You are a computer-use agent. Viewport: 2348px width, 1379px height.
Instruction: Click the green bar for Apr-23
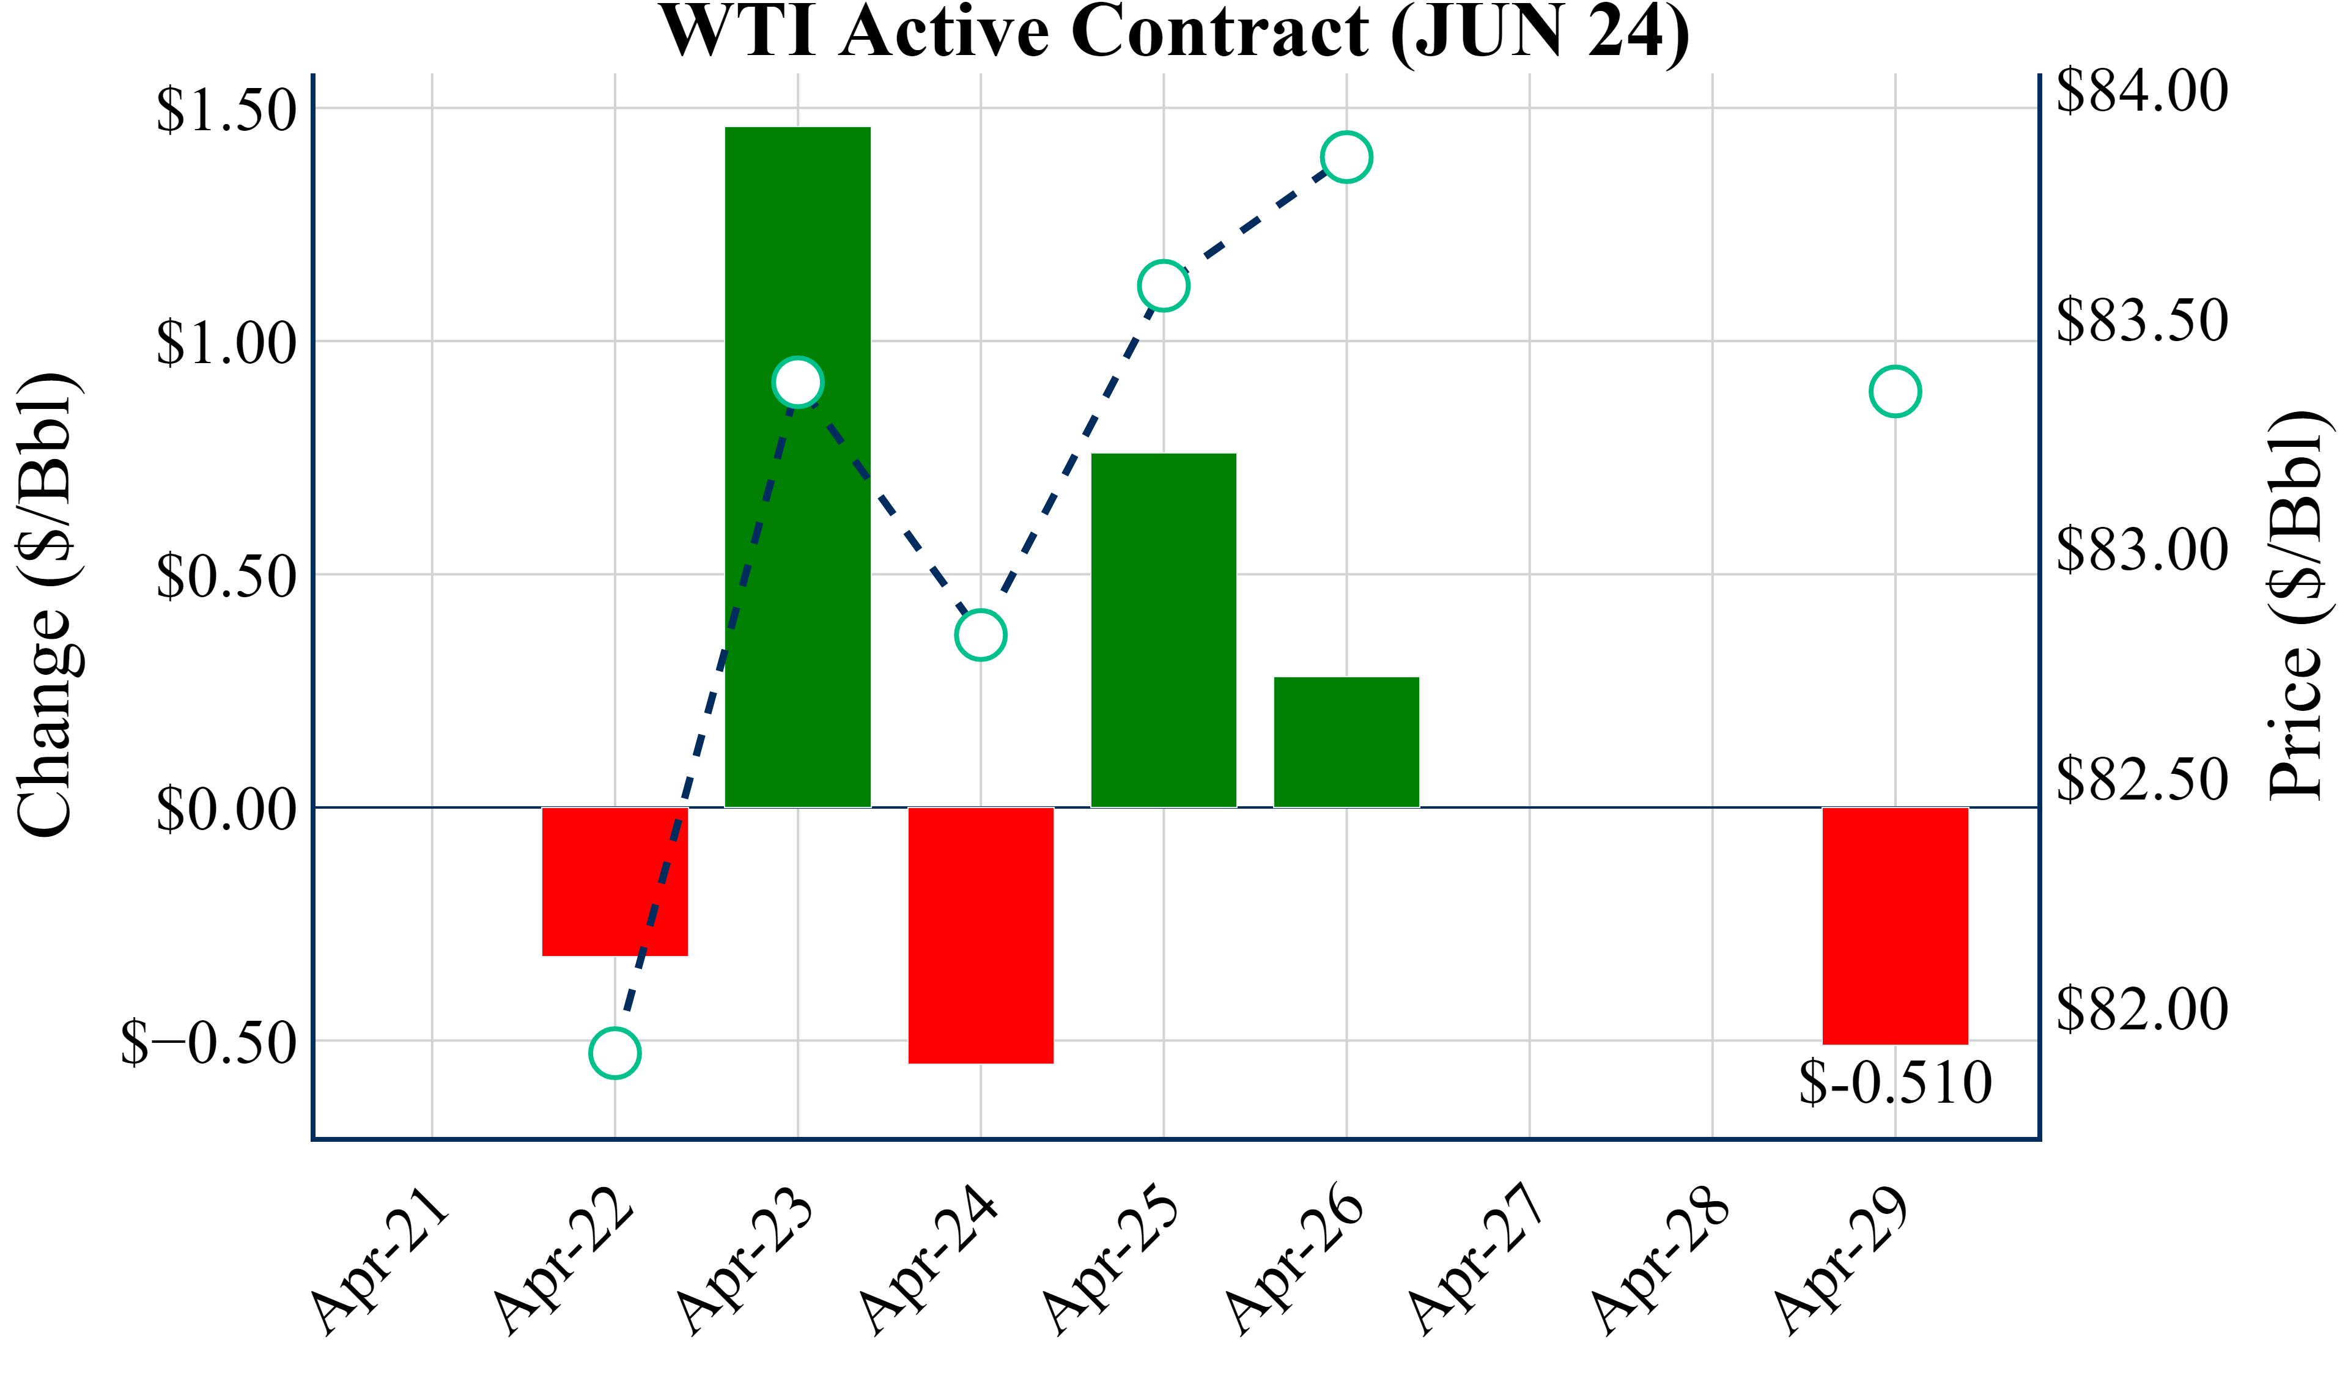point(797,466)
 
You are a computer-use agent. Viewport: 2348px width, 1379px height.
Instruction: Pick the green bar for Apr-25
point(1163,630)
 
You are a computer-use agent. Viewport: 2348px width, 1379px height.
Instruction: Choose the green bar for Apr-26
point(1346,741)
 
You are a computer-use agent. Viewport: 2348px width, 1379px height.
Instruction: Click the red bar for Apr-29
point(1895,925)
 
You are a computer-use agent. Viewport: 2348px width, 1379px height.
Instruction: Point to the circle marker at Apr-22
point(615,1053)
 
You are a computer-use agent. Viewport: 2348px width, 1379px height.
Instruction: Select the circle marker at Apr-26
point(1346,156)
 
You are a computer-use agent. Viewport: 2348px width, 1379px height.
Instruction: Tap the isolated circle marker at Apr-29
point(1895,391)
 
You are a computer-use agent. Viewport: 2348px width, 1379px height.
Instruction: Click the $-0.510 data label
point(1895,1083)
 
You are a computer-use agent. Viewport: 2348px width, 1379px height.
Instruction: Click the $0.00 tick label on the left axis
point(226,809)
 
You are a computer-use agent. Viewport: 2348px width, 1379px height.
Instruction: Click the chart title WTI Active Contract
point(1174,32)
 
